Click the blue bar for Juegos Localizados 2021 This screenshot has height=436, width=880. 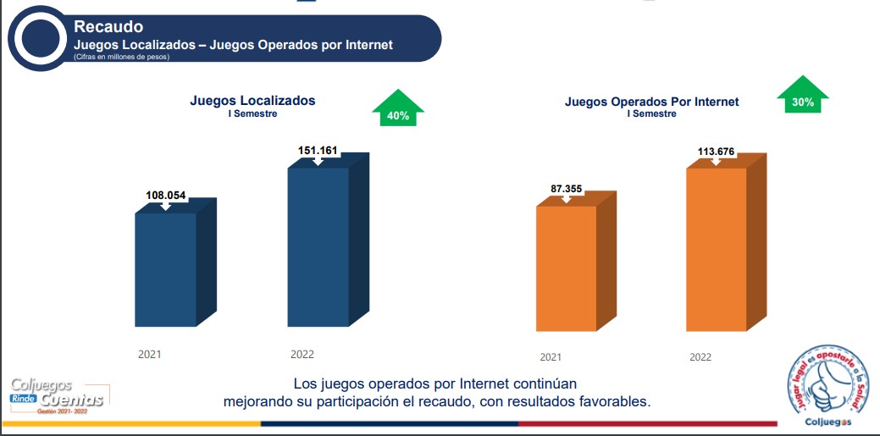point(166,269)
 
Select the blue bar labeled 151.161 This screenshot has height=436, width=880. point(318,246)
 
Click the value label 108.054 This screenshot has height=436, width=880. point(166,195)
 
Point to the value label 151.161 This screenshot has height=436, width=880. point(318,151)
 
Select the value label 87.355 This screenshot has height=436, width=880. point(567,189)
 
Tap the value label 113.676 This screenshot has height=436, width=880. point(717,152)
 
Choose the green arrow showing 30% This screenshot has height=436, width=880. point(802,97)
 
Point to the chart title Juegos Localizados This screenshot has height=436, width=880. point(252,101)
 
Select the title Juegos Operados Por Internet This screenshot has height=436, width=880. point(651,102)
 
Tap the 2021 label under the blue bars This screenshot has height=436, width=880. point(150,354)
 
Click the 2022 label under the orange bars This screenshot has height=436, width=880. point(700,357)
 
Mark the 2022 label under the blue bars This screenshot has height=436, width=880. point(302,354)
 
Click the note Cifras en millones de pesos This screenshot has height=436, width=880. point(122,58)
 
